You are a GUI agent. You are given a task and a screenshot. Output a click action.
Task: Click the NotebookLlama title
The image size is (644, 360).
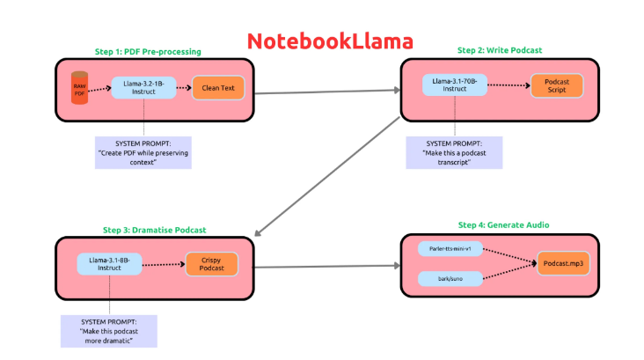329,40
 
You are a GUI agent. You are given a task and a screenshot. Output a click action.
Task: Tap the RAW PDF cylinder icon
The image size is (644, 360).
80,87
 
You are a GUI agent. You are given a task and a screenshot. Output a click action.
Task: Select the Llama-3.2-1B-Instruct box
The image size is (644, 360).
143,87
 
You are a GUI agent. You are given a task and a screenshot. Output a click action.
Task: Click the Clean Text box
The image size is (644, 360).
217,87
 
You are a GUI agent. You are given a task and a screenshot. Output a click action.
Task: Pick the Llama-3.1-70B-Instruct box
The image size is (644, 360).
455,85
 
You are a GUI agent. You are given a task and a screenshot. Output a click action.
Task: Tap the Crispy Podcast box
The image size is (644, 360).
210,264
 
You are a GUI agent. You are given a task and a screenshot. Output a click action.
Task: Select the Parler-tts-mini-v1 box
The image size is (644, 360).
450,248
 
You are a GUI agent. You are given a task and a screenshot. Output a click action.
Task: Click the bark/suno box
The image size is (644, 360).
450,279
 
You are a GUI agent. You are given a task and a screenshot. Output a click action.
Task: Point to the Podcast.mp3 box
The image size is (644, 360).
562,263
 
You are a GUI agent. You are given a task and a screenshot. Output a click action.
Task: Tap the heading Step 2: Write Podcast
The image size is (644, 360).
499,50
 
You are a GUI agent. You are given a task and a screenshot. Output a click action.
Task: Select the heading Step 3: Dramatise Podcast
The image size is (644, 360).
154,229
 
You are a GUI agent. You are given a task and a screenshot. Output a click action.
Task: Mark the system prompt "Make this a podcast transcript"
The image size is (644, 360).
454,152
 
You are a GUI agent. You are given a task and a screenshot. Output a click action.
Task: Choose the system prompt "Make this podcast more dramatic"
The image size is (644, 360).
108,330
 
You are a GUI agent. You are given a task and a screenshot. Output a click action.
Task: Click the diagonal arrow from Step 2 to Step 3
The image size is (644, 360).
331,176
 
